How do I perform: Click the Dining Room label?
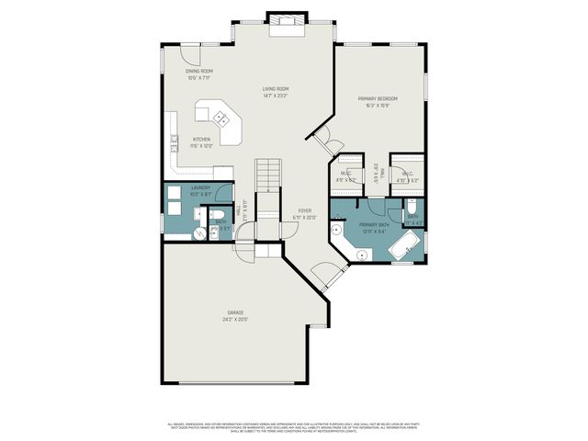pos(199,71)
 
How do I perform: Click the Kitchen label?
pos(200,140)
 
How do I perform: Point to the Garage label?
pos(236,313)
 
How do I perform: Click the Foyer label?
pos(304,210)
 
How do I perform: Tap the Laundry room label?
pos(200,187)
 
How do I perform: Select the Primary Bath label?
pos(374,224)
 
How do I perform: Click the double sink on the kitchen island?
pos(221,117)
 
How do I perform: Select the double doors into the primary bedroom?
pos(323,139)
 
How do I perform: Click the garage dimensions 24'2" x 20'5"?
pos(236,320)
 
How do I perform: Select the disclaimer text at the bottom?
pos(294,426)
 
